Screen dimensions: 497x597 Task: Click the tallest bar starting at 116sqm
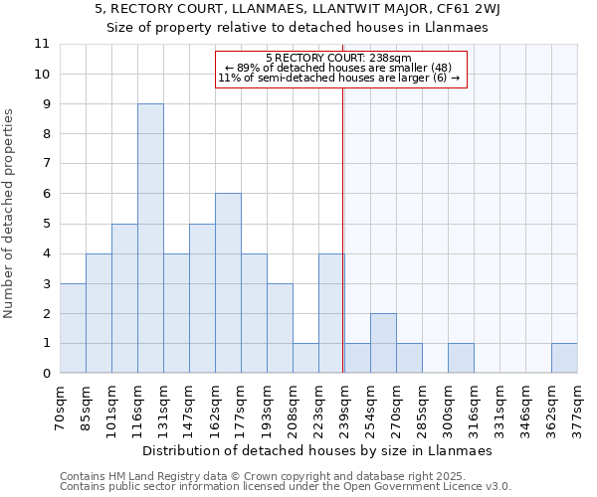click(x=150, y=239)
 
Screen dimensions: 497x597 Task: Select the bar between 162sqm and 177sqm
click(x=228, y=283)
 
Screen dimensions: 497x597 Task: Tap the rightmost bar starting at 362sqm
click(x=564, y=358)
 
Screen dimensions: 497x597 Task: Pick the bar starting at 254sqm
click(x=383, y=343)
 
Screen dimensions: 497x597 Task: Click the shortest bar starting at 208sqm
click(x=305, y=358)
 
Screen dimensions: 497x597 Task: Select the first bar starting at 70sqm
click(x=73, y=328)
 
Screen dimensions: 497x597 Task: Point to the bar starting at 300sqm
click(x=461, y=358)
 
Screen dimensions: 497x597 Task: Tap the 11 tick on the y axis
click(x=42, y=45)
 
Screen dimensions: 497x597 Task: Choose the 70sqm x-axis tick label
click(x=60, y=405)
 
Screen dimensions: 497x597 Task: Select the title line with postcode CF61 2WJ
click(x=298, y=8)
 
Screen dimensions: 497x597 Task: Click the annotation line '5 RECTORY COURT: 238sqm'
click(x=338, y=59)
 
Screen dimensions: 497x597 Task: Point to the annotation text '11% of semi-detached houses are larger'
click(x=338, y=78)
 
